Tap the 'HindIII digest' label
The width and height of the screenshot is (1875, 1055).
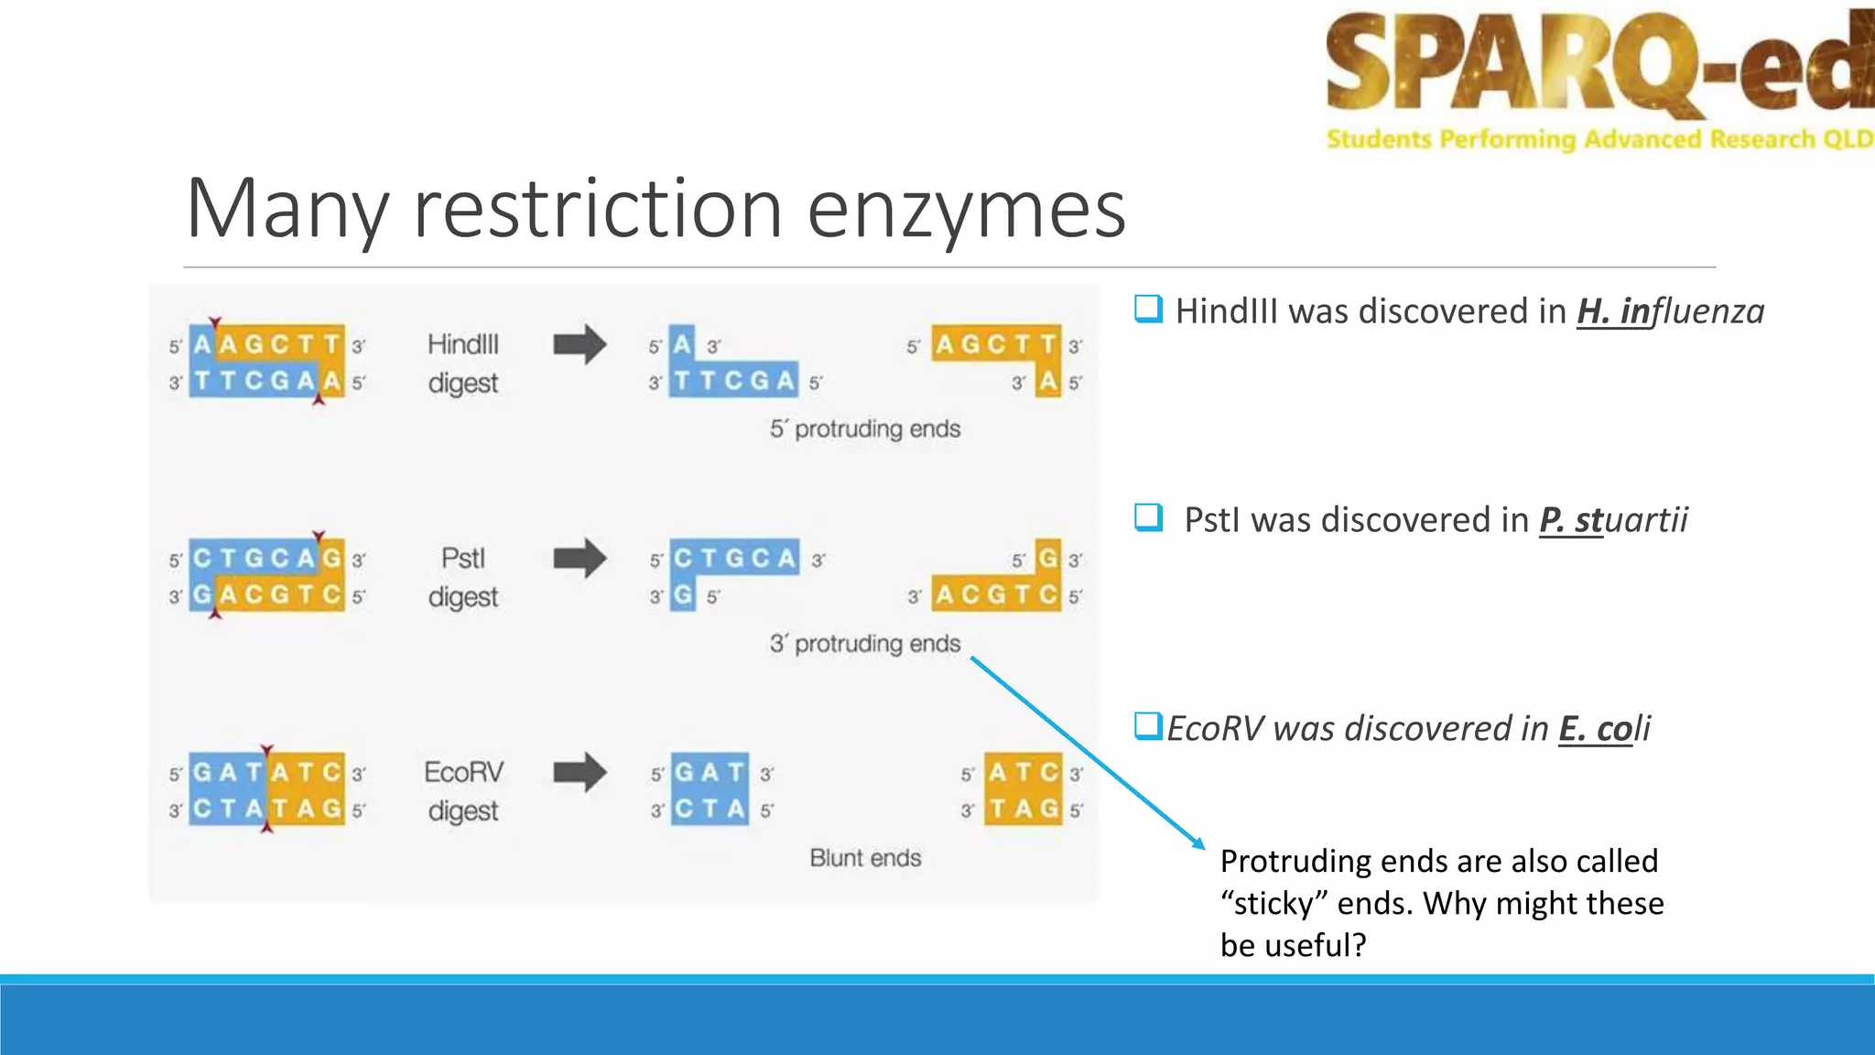463,364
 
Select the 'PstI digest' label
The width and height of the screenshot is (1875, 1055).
463,577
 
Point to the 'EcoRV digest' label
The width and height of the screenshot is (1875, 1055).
463,791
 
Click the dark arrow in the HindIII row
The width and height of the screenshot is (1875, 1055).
580,345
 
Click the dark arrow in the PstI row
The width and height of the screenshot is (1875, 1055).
580,559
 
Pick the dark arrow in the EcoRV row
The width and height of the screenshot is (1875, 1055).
580,772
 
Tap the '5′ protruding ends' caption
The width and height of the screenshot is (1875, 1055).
865,429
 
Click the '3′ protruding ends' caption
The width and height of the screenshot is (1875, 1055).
865,644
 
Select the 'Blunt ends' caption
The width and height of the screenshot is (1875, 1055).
865,858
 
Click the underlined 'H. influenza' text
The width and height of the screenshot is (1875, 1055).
1670,311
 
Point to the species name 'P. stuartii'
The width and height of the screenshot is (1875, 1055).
1613,520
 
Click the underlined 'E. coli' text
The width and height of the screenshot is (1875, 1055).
1604,729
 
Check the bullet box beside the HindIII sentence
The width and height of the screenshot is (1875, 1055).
1148,309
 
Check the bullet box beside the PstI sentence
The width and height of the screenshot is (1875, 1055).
1148,517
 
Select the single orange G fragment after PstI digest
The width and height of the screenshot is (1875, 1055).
1047,557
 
